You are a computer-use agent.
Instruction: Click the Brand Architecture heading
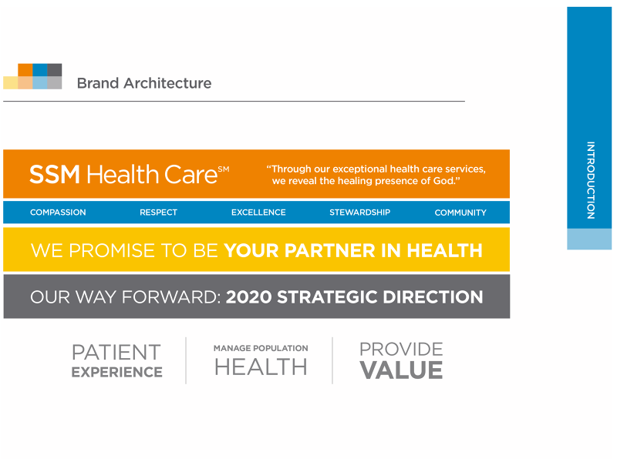pos(143,83)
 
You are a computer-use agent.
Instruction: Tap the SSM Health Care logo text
pos(129,174)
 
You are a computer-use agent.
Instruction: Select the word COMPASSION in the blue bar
pos(58,213)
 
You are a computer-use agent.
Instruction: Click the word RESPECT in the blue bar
pos(158,213)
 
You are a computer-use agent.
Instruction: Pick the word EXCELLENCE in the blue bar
pos(258,213)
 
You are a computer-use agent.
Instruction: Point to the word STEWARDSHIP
pos(359,213)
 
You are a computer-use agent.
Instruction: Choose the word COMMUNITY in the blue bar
pos(460,213)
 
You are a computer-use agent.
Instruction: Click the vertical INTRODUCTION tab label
pos(590,180)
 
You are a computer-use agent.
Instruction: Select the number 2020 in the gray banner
pos(248,297)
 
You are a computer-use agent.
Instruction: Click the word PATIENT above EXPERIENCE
pos(116,353)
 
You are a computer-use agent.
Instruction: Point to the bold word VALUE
pos(401,370)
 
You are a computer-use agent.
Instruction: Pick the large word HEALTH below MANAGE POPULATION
pos(261,367)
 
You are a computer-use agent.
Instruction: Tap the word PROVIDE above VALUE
pos(401,350)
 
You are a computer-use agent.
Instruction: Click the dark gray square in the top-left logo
pos(55,69)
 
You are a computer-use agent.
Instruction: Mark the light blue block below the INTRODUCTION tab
pos(589,239)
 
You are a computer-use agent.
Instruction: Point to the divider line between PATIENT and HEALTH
pos(186,360)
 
